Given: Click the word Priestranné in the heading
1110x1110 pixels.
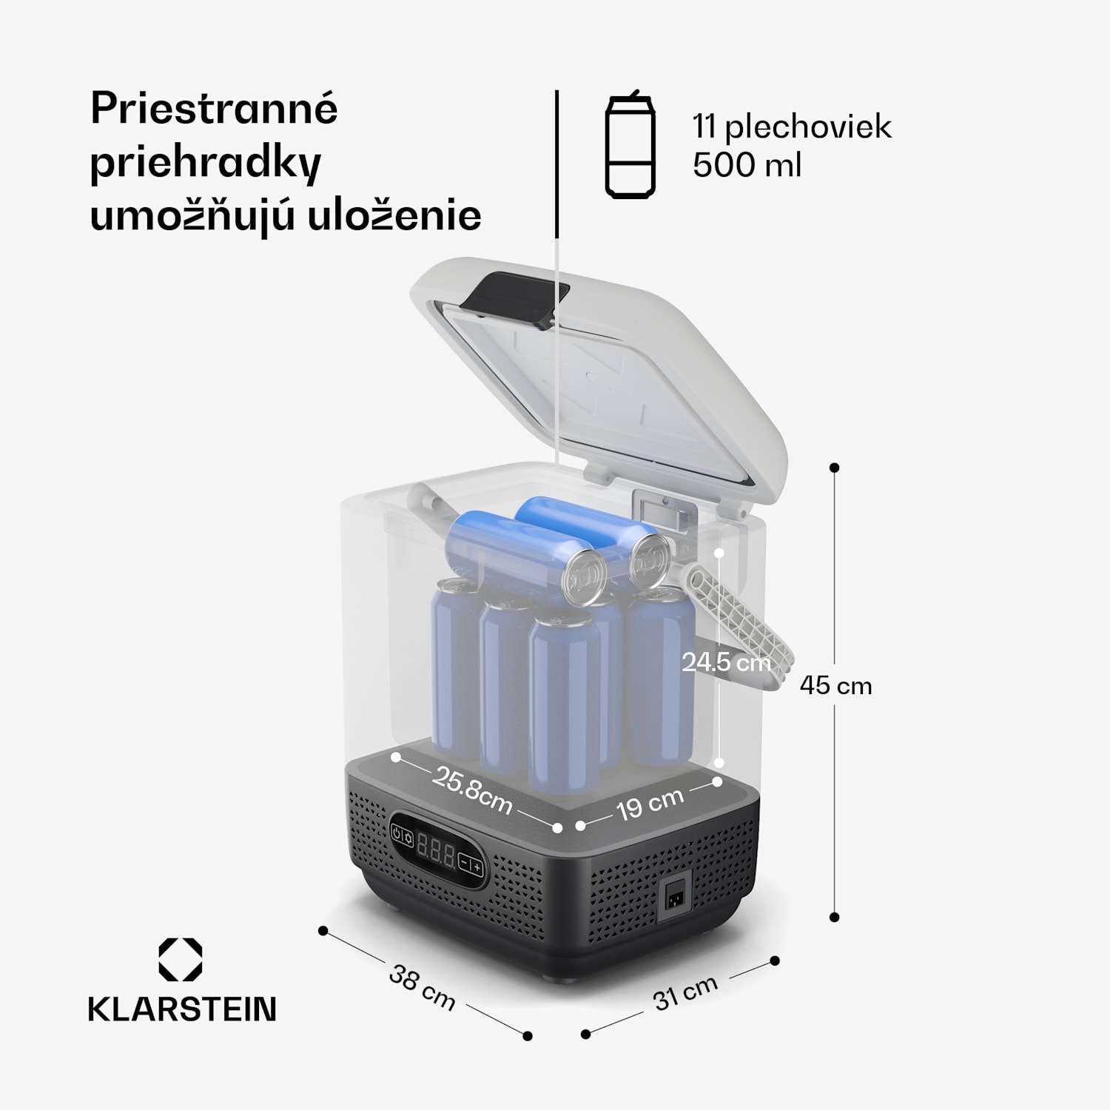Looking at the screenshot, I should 214,110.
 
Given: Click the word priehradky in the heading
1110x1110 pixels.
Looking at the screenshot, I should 205,163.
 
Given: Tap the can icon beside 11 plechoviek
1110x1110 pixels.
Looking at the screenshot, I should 630,147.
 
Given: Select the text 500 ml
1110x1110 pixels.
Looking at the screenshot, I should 747,164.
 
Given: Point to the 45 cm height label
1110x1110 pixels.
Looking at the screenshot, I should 835,686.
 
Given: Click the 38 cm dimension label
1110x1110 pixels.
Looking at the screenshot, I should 422,987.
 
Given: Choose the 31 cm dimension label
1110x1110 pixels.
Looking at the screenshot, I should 685,992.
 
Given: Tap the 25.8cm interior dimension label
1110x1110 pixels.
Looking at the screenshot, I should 473,791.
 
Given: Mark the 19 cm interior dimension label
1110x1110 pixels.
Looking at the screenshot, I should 650,804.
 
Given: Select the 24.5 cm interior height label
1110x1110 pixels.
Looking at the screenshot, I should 726,662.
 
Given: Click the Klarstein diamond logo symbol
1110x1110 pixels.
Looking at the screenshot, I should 181,960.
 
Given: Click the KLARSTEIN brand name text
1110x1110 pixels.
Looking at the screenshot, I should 182,1009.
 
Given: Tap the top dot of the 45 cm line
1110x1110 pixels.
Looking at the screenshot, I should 835,468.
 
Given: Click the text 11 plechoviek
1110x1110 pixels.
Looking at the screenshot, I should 792,127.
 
